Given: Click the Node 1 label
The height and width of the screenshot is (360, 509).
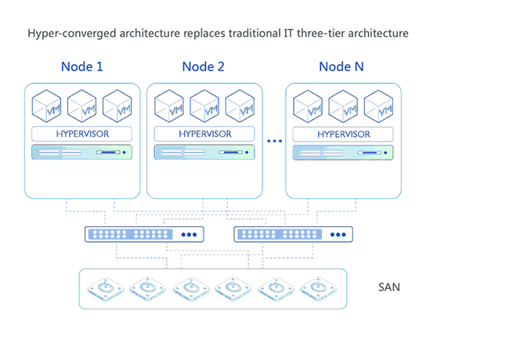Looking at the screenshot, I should point(82,67).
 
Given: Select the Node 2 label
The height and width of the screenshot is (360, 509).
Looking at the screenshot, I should point(204,67).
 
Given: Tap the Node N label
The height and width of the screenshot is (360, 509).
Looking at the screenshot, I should point(341,67).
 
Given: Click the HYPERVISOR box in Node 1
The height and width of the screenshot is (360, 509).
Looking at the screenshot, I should point(82,133).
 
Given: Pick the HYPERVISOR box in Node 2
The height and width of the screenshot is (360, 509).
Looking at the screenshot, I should point(204,133).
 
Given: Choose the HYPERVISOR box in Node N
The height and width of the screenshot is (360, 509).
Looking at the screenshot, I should point(343,133).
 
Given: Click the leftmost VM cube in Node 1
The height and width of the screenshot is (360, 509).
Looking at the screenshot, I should point(47,106).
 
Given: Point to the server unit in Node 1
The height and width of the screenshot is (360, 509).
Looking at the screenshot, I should point(82,153).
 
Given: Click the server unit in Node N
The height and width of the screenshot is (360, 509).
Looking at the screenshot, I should point(343,153).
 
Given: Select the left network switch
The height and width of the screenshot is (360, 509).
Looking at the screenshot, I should point(144,234).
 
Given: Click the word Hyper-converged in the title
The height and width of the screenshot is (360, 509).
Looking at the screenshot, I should point(69,34).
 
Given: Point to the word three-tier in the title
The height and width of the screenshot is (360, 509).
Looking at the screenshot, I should point(312,34).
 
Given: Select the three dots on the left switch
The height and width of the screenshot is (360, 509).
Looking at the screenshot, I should point(190,234).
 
